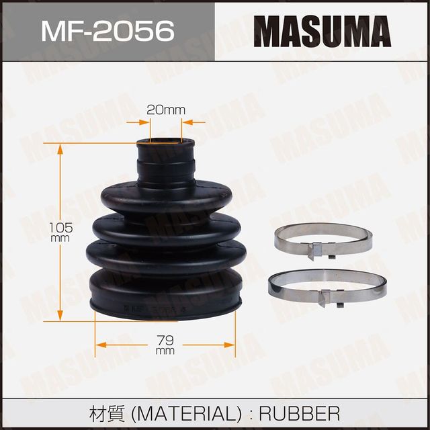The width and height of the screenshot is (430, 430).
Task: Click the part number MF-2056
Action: coord(108,31)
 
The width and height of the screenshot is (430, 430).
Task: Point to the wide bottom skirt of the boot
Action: coord(165,296)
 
